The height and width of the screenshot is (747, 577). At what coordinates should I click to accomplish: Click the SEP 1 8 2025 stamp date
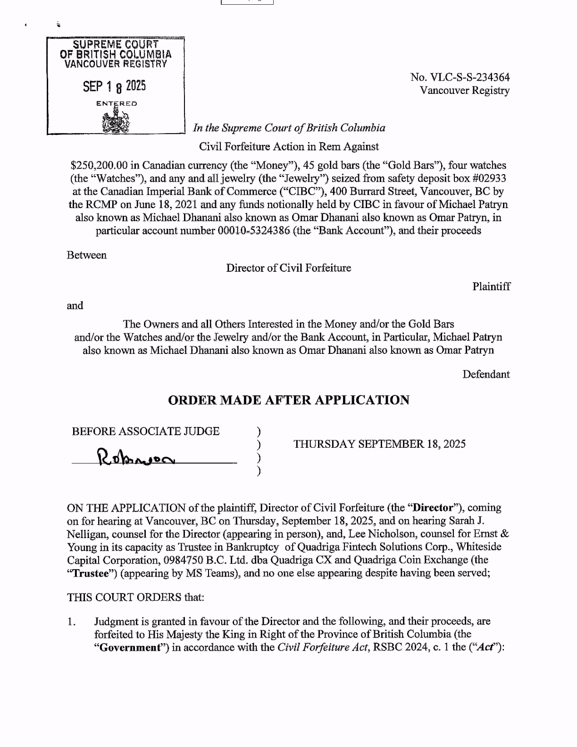114,86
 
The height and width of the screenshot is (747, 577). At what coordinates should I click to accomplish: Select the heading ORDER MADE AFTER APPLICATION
289,400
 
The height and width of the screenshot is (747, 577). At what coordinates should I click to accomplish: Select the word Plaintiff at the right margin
491,286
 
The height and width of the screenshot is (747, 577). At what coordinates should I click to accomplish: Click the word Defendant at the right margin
486,374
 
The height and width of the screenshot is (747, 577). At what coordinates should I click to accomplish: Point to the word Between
87,255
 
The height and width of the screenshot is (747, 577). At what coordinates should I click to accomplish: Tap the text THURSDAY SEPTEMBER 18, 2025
379,444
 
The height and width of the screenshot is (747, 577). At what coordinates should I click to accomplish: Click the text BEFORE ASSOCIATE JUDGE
145,431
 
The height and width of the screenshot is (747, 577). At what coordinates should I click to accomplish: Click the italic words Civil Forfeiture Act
323,647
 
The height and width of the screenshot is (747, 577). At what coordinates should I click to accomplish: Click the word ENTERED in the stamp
117,103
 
